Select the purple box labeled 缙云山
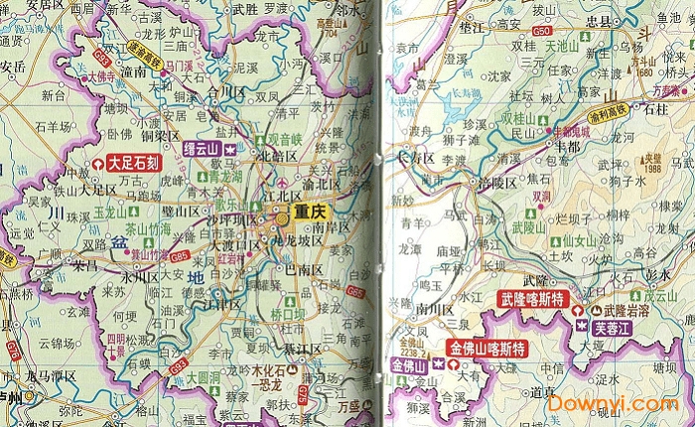tap(203, 148)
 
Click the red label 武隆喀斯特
tap(532, 299)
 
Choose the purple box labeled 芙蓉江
tap(614, 326)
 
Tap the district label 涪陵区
tap(496, 184)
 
